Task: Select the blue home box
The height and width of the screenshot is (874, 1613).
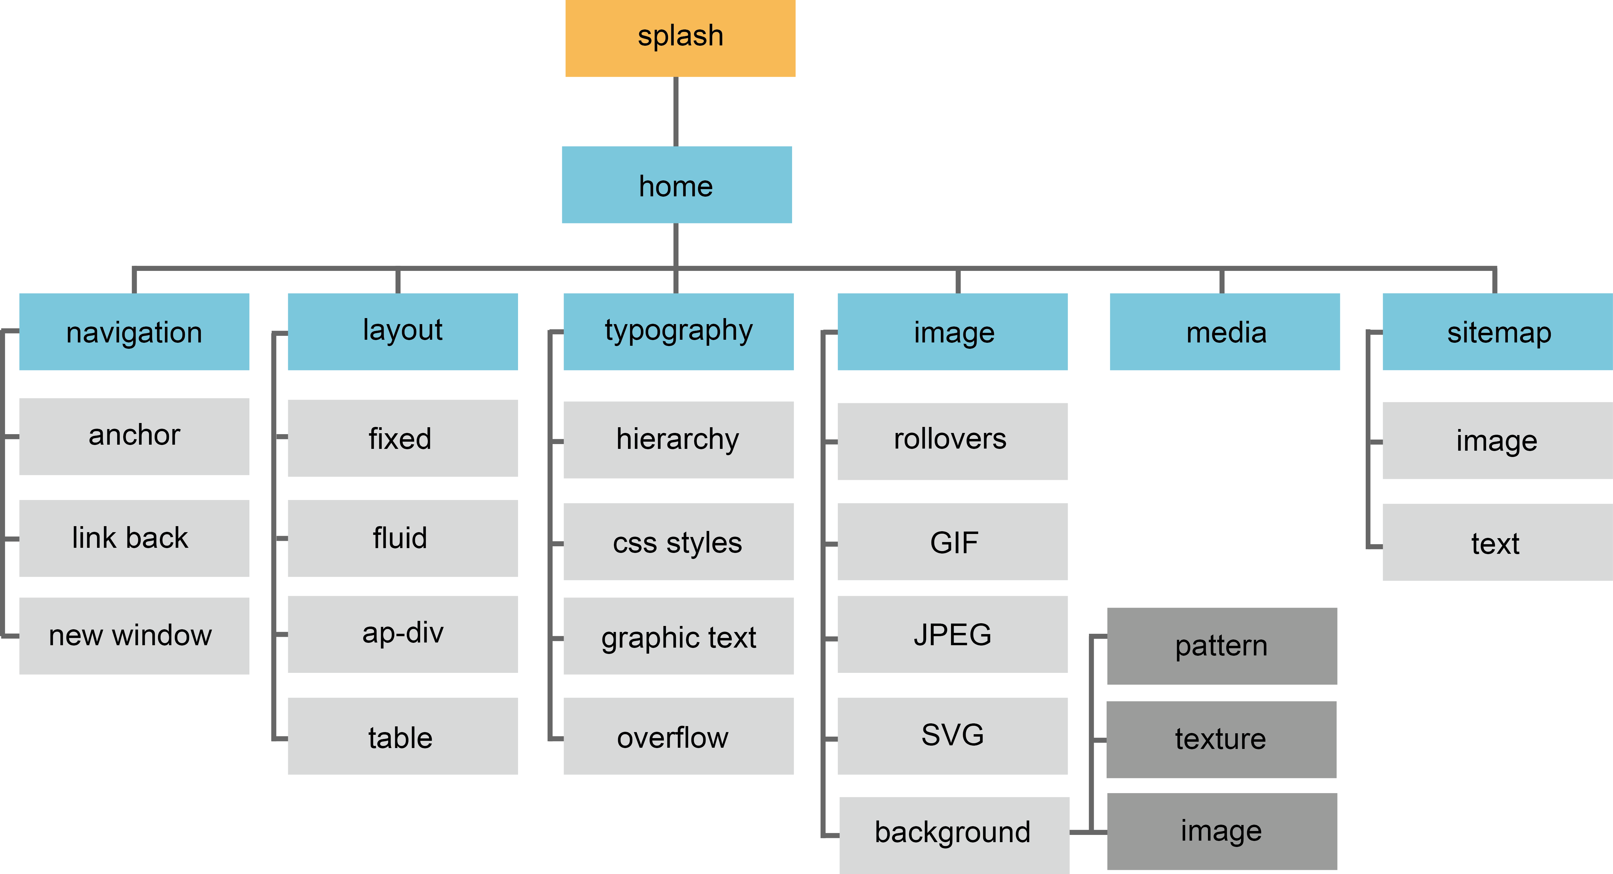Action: pyautogui.click(x=676, y=185)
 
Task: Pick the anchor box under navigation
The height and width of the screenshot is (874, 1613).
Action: pyautogui.click(x=134, y=436)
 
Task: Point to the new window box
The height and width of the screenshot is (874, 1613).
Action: pyautogui.click(x=134, y=635)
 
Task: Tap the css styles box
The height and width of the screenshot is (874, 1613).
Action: pyautogui.click(x=678, y=541)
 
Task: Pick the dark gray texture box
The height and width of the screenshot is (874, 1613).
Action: pyautogui.click(x=1221, y=739)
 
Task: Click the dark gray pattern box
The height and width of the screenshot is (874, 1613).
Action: pyautogui.click(x=1222, y=646)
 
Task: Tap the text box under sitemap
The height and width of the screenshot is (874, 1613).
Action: pyautogui.click(x=1496, y=543)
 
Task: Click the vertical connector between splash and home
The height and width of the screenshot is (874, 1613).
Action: pyautogui.click(x=675, y=112)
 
